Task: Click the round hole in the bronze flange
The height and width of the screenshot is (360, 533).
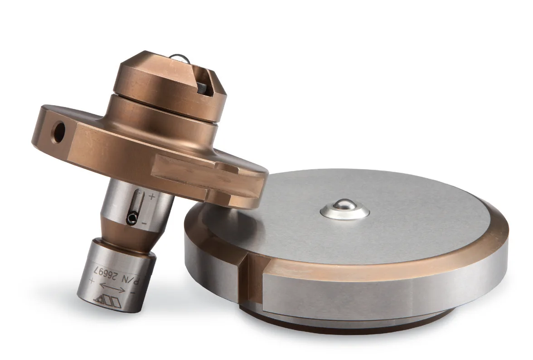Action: click(59, 132)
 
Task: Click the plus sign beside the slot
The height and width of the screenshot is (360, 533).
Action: click(152, 196)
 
